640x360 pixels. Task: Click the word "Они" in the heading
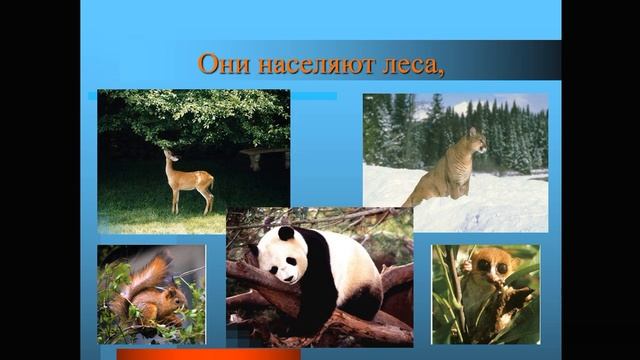pos(220,65)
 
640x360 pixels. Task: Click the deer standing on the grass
pos(189,181)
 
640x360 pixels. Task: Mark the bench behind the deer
pos(262,154)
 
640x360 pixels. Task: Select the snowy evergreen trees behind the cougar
pos(400,130)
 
